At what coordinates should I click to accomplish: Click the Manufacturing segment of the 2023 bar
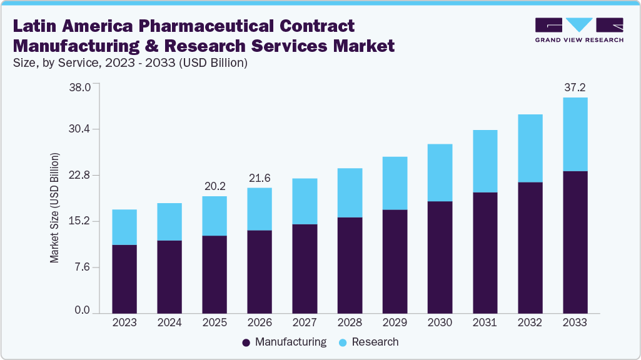124,279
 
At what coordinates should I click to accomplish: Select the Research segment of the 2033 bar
575,134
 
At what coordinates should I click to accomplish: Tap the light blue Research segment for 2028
350,192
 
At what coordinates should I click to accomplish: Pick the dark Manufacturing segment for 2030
440,257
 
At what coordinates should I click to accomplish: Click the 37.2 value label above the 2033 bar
575,87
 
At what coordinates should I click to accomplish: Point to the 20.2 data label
215,186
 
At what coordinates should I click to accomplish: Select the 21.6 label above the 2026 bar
260,178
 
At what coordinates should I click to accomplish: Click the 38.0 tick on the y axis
79,87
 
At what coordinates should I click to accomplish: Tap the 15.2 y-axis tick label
79,221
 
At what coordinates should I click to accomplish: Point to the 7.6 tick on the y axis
83,267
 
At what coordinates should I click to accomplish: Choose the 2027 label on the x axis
305,322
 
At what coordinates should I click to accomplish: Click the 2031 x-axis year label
485,322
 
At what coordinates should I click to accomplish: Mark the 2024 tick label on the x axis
169,322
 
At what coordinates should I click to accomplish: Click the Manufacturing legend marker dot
246,342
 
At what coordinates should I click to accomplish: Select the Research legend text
375,342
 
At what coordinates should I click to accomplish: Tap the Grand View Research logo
578,29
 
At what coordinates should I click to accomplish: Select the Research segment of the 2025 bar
215,216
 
